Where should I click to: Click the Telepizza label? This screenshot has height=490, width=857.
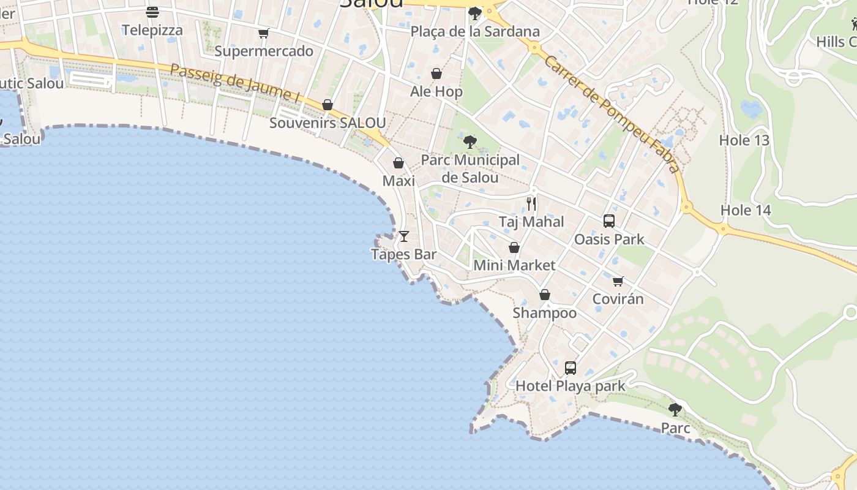point(152,30)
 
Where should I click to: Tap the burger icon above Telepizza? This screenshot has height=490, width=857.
point(152,12)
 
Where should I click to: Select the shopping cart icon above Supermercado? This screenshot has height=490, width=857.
point(263,33)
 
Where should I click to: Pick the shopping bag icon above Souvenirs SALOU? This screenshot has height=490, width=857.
point(327,105)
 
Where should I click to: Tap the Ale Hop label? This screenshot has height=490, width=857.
point(436,92)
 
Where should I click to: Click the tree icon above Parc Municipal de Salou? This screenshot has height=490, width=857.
point(470,142)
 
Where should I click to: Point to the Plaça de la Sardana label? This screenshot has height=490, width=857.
point(475,31)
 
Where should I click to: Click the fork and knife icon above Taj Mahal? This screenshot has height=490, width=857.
point(531,203)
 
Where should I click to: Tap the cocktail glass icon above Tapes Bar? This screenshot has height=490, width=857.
point(404,236)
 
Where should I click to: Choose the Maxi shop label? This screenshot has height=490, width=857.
point(399,181)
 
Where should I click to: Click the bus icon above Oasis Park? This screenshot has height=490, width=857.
point(609,221)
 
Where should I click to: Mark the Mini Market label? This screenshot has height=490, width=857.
point(514,265)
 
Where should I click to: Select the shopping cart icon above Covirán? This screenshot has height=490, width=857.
point(618,281)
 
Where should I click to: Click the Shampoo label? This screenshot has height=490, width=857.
point(544,313)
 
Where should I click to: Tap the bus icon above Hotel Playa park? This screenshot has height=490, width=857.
point(571,368)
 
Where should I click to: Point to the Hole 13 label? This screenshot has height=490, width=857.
point(744,140)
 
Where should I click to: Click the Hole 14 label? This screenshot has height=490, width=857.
point(745,210)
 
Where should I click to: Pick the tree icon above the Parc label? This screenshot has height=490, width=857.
point(675,409)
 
